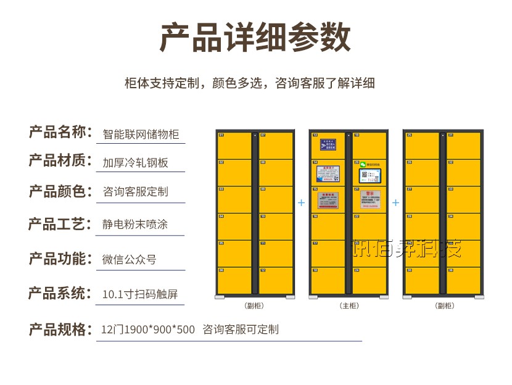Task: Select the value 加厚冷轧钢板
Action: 135,162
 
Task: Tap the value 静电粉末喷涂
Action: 134,224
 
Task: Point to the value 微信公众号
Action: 129,259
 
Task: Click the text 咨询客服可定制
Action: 241,329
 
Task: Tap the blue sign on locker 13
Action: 328,145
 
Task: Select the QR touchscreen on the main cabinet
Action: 368,173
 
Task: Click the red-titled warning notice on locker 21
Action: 370,199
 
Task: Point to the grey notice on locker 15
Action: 328,199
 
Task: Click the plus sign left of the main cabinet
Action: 301,202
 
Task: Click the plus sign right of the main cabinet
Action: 395,202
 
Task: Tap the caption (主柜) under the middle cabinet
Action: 349,305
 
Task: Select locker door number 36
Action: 463,281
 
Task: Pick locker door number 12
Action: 275,281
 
